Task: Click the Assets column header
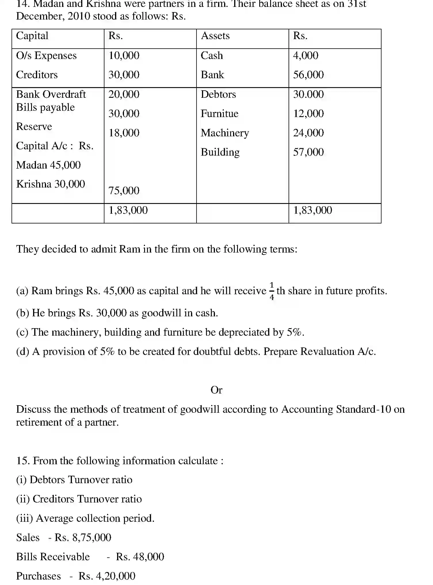(215, 36)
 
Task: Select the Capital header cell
(32, 36)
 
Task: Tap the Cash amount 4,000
(306, 56)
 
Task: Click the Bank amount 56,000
(308, 75)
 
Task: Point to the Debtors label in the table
(218, 94)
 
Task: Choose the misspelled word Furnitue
(220, 114)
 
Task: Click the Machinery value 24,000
(308, 133)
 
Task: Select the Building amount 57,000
(308, 152)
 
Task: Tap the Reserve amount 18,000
(124, 133)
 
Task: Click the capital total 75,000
(124, 191)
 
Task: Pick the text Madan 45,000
(48, 165)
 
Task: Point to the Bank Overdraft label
(51, 94)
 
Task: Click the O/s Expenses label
(46, 56)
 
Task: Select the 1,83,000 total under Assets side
(312, 210)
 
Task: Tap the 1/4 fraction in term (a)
(272, 291)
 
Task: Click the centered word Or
(216, 390)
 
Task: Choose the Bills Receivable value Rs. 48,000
(140, 557)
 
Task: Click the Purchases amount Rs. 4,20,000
(107, 576)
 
